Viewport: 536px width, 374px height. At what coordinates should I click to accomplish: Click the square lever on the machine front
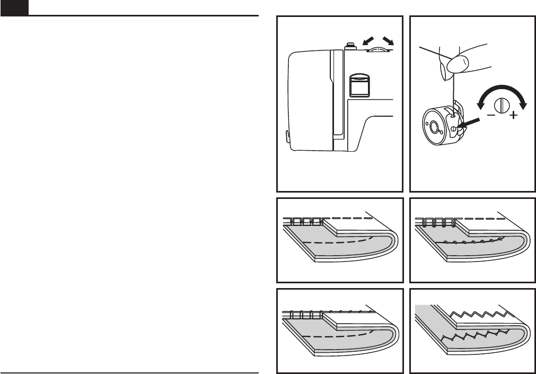click(x=358, y=84)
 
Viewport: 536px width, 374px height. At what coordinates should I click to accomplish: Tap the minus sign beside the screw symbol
click(x=491, y=115)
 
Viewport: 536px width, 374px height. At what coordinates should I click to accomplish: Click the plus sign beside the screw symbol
click(x=513, y=115)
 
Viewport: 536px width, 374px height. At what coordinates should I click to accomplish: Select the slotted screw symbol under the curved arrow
click(x=502, y=103)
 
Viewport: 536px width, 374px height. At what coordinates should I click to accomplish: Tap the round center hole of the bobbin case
click(x=434, y=127)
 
